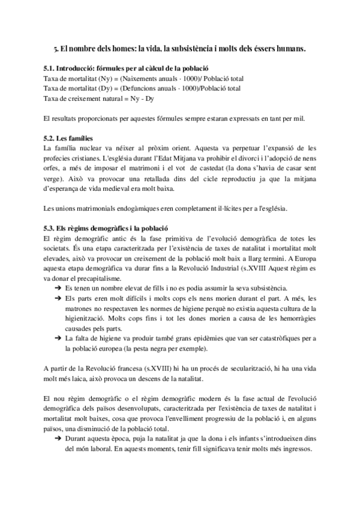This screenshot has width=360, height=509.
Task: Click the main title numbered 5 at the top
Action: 180,50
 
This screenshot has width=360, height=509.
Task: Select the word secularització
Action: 226,370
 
